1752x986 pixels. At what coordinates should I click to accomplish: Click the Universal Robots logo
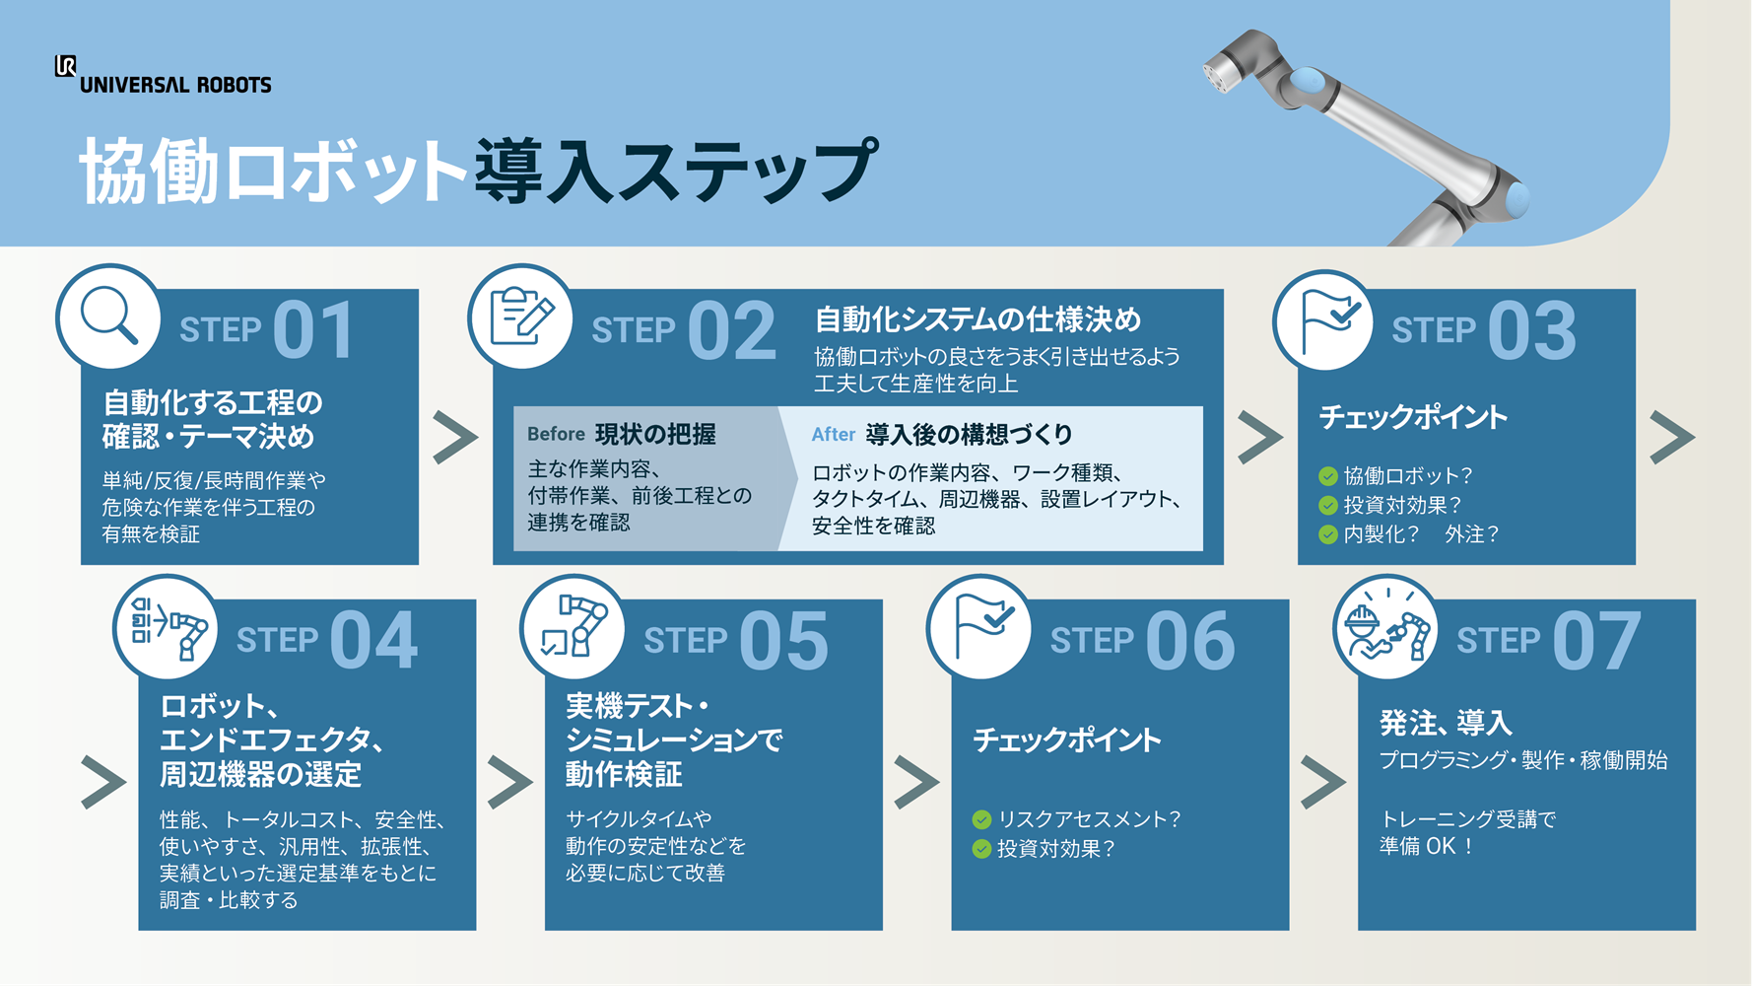coord(163,75)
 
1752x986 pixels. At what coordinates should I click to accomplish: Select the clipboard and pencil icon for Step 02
coord(521,316)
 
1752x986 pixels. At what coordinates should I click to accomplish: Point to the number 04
coord(373,640)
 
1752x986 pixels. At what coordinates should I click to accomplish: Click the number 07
coord(1596,640)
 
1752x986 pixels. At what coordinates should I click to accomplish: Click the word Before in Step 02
coord(556,434)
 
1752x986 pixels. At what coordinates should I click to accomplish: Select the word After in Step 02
coord(833,434)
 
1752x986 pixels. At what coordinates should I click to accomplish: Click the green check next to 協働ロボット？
coord(1328,476)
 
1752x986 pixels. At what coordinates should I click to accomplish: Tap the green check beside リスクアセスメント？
coord(981,819)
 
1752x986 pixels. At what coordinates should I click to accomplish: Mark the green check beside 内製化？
coord(1328,534)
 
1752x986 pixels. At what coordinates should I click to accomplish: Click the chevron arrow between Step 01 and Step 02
coord(455,437)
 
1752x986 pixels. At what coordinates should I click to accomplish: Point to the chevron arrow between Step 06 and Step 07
coord(1322,782)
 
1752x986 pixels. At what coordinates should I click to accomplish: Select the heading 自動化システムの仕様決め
coord(977,319)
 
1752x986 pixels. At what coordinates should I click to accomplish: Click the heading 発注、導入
coord(1446,723)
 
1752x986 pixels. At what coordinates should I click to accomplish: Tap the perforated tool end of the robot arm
coord(1222,71)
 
